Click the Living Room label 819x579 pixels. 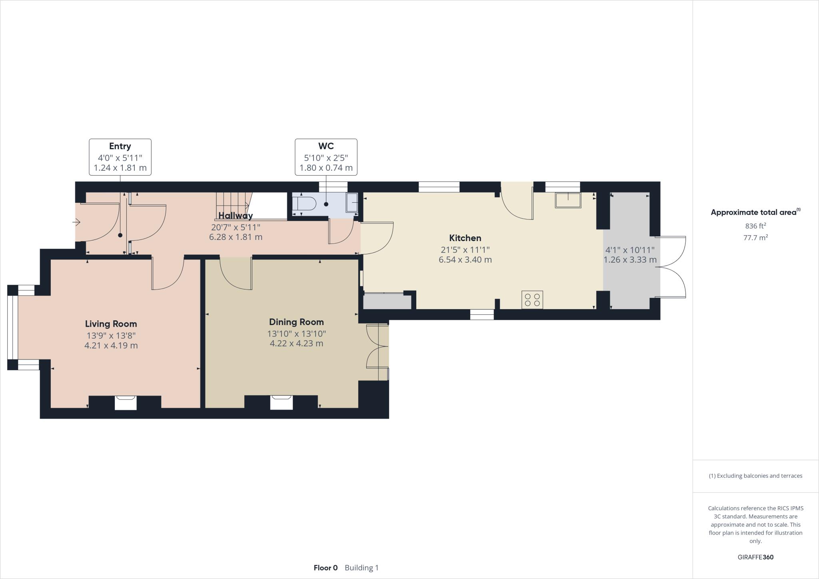pyautogui.click(x=111, y=324)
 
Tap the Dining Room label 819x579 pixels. pyautogui.click(x=296, y=322)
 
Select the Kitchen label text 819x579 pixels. pyautogui.click(x=465, y=238)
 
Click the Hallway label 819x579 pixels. pyautogui.click(x=236, y=216)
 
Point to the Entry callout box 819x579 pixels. pyautogui.click(x=120, y=157)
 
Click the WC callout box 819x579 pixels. pyautogui.click(x=326, y=157)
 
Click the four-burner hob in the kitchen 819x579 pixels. pyautogui.click(x=532, y=300)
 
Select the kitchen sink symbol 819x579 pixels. pyautogui.click(x=568, y=200)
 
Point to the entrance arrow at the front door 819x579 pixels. pyautogui.click(x=76, y=222)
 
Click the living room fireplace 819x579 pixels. pyautogui.click(x=126, y=402)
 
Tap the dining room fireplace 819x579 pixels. pyautogui.click(x=281, y=402)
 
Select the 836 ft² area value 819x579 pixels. pyautogui.click(x=755, y=226)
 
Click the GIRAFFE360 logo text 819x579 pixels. pyautogui.click(x=755, y=557)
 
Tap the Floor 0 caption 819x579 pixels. pyautogui.click(x=326, y=568)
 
